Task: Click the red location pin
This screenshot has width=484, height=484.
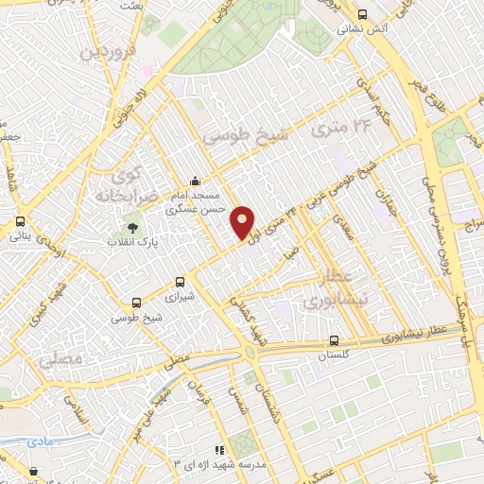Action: [243, 223]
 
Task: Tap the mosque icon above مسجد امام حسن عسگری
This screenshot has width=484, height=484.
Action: [195, 181]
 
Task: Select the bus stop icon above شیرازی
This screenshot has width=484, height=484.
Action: [181, 282]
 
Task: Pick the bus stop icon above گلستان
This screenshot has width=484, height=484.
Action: [334, 340]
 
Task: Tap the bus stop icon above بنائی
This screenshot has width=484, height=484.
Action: [20, 221]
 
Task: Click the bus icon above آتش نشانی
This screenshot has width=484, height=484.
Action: [363, 13]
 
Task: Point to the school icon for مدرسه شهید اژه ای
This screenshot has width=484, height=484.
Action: [219, 450]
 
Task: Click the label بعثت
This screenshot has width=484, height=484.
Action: [130, 6]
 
